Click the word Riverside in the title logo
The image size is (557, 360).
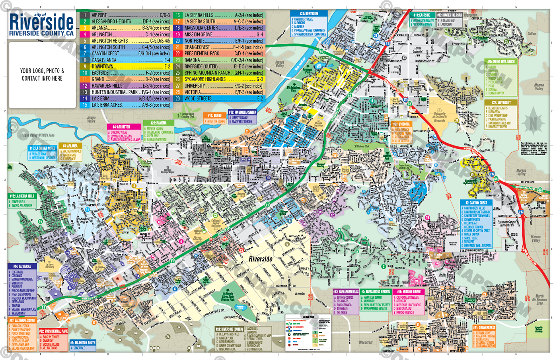pyautogui.click(x=41, y=22)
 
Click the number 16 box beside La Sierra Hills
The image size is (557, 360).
pyautogui.click(x=177, y=15)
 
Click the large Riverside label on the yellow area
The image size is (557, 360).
pyautogui.click(x=261, y=259)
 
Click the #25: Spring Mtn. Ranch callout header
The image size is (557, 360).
pyautogui.click(x=501, y=62)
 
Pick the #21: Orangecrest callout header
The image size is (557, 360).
pyautogui.click(x=484, y=328)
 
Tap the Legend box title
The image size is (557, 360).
pyautogui.click(x=308, y=317)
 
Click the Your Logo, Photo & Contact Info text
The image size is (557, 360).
pyautogui.click(x=42, y=74)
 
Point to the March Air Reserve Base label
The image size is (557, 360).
pyautogui.click(x=539, y=299)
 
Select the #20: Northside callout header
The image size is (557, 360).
pyautogui.click(x=309, y=14)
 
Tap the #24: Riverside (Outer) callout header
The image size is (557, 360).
pyautogui.click(x=229, y=329)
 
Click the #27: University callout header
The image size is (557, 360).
pyautogui.click(x=501, y=103)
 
